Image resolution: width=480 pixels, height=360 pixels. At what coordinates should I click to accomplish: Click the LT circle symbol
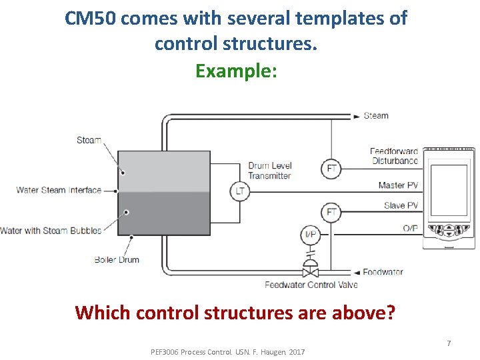click(x=240, y=191)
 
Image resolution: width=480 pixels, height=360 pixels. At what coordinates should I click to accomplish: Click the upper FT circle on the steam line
click(x=331, y=168)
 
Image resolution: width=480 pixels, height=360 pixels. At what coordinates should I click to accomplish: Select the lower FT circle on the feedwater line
click(x=331, y=213)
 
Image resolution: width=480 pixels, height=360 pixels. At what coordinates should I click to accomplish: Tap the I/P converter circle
click(x=311, y=234)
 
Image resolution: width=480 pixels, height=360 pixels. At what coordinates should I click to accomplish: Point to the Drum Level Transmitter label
click(x=269, y=171)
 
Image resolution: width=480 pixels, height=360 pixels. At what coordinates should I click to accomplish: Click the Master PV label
click(x=398, y=185)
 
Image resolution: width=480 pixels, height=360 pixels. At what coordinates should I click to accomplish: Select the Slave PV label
click(x=401, y=205)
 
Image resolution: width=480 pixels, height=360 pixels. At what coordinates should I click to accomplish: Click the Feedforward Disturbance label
click(x=394, y=156)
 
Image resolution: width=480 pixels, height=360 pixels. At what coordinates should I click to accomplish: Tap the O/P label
click(x=410, y=228)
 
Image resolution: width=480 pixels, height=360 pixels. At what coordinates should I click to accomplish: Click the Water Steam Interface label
click(x=59, y=190)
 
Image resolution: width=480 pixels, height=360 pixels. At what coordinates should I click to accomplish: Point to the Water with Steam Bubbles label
click(x=51, y=231)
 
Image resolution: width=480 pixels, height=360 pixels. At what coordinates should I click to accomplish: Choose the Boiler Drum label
click(x=117, y=259)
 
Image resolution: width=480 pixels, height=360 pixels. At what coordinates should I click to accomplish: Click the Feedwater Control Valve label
click(x=311, y=285)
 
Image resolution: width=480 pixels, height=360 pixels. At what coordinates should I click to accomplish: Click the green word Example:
click(x=236, y=70)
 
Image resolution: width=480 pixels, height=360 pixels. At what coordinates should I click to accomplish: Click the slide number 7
click(x=449, y=343)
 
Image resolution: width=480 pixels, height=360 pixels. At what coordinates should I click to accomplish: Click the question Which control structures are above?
click(x=235, y=311)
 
